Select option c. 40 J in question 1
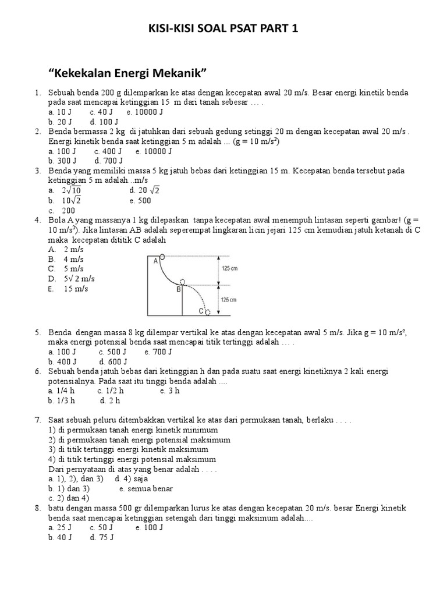(101, 112)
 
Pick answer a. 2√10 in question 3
(66, 190)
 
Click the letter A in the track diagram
(156, 261)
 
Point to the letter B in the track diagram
(179, 289)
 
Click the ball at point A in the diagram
(162, 256)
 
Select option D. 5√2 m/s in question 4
(68, 279)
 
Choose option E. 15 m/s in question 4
(68, 289)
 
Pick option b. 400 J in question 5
(61, 361)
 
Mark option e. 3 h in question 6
(170, 391)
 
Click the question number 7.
(37, 420)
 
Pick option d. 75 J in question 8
(101, 538)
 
